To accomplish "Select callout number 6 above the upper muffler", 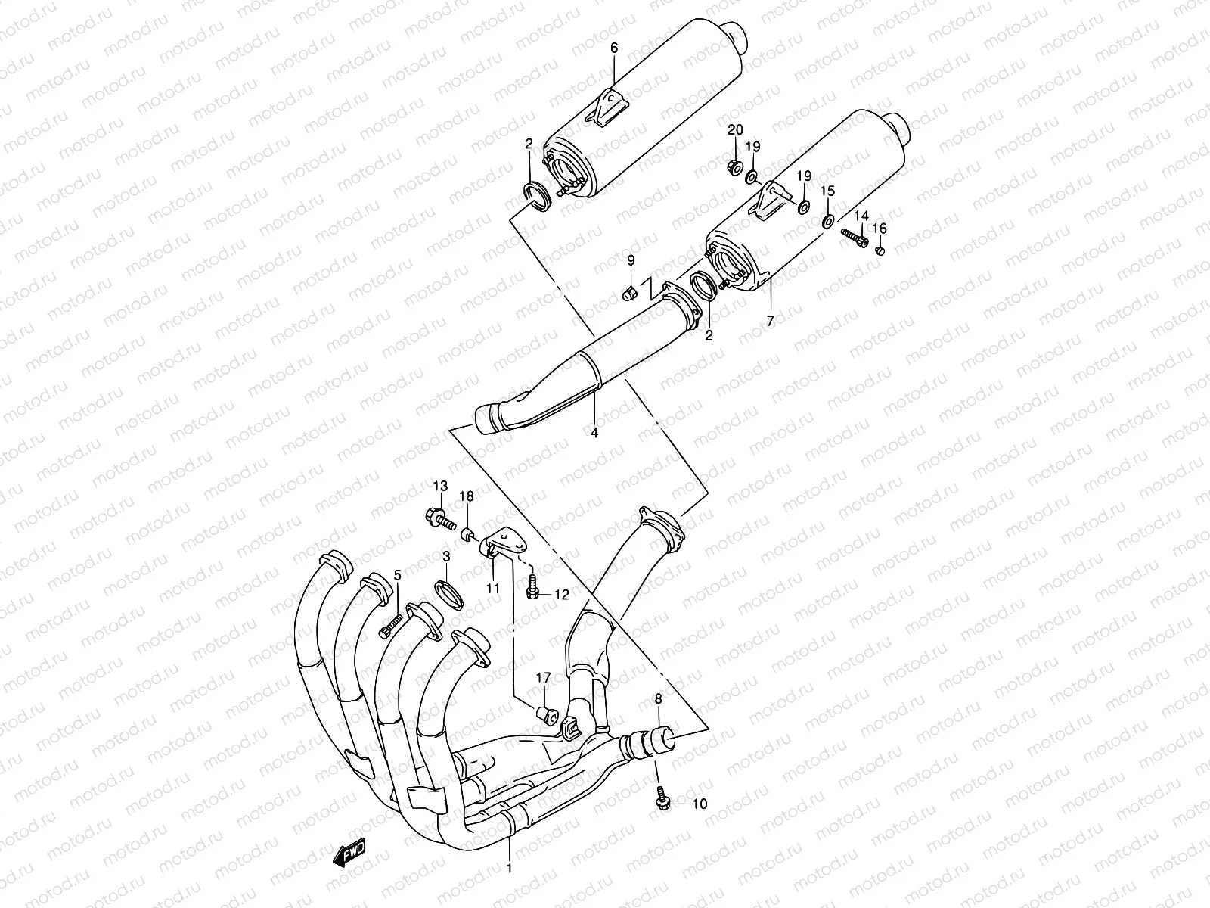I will pyautogui.click(x=614, y=48).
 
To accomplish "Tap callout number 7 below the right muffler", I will pyautogui.click(x=770, y=321).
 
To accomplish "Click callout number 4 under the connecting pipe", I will pyautogui.click(x=594, y=433).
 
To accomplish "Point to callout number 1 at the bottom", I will pyautogui.click(x=509, y=869).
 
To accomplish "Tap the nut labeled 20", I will pyautogui.click(x=732, y=166).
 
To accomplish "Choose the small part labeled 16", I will pyautogui.click(x=880, y=250).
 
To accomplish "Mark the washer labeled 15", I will pyautogui.click(x=828, y=222).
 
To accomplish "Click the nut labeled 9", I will pyautogui.click(x=627, y=293).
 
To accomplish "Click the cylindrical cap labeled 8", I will pyautogui.click(x=659, y=739).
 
